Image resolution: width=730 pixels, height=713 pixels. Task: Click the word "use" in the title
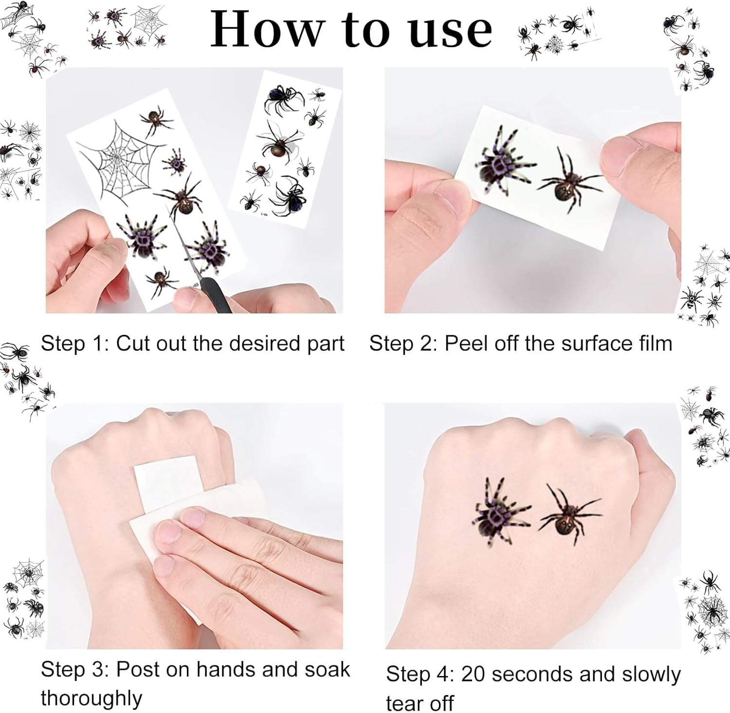pyautogui.click(x=450, y=32)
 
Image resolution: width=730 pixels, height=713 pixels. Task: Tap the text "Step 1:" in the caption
pyautogui.click(x=75, y=344)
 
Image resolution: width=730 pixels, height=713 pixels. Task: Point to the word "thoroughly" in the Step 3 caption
pyautogui.click(x=91, y=698)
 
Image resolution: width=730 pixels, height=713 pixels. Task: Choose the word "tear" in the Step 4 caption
pyautogui.click(x=405, y=704)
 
